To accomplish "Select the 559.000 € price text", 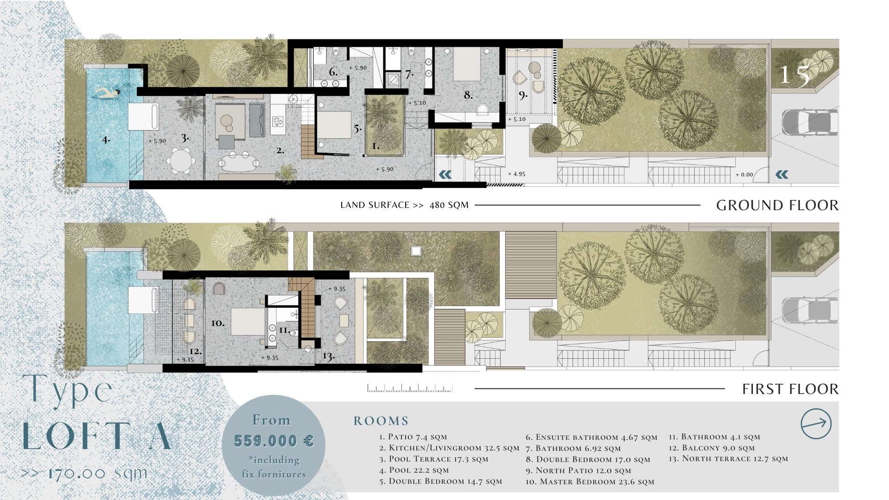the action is [274, 440].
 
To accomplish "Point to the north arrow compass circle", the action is [816, 423].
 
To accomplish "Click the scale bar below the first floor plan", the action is [410, 388].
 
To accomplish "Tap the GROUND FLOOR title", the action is [777, 205].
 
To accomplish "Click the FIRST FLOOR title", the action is [790, 389].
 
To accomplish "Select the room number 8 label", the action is [468, 95].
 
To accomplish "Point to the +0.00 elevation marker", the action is [744, 175].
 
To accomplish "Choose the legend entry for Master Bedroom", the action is [590, 481].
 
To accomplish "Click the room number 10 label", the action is [218, 323].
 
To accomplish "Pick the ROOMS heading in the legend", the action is [381, 421].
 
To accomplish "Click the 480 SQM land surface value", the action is [449, 205].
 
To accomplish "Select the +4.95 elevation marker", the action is [516, 174].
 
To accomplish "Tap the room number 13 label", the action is [328, 356].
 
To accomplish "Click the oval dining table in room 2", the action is [239, 162].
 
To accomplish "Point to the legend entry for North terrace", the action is [728, 459].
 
